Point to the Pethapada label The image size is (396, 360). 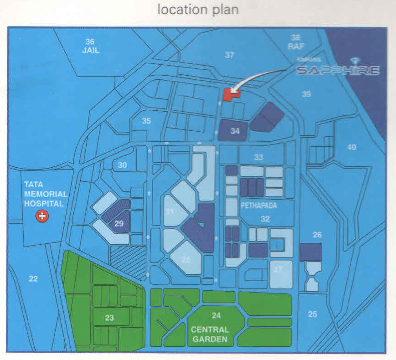[x=258, y=206]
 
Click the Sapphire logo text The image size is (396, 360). [x=338, y=70]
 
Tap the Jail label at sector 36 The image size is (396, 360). [x=90, y=51]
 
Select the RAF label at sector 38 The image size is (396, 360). [x=296, y=46]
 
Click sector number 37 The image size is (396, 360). [x=229, y=55]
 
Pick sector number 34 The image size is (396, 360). [x=235, y=131]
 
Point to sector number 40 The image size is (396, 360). [x=351, y=147]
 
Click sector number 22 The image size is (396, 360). [x=33, y=278]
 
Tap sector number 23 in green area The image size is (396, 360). [x=109, y=318]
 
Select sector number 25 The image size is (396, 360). [x=312, y=314]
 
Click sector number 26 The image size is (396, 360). [x=317, y=235]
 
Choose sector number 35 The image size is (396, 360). [x=146, y=121]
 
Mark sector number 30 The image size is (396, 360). [x=122, y=165]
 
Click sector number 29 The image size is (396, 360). [x=119, y=224]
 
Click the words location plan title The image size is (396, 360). [x=198, y=10]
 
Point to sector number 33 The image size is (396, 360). [x=258, y=157]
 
